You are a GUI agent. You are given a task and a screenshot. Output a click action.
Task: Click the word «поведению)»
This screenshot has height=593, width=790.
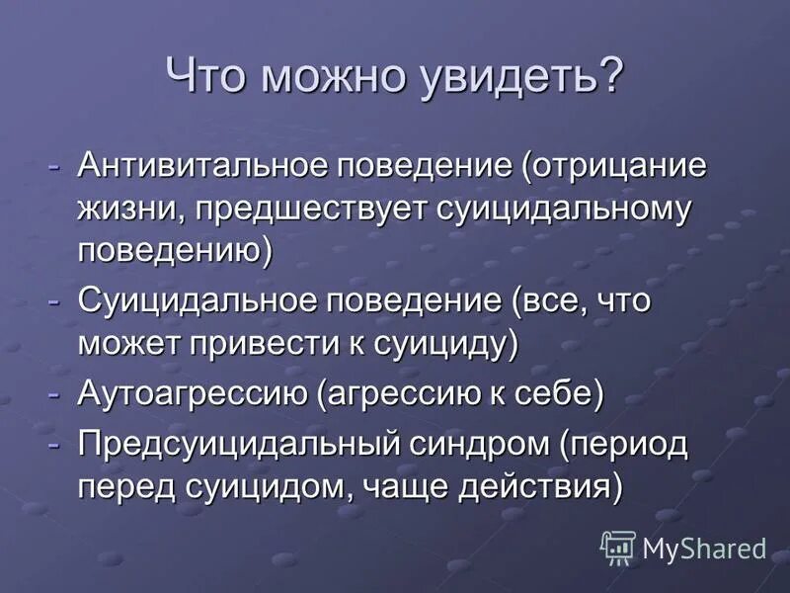174,251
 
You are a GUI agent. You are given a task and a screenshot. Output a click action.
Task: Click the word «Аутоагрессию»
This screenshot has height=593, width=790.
193,393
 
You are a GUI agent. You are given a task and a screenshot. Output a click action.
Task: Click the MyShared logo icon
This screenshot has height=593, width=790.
618,547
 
